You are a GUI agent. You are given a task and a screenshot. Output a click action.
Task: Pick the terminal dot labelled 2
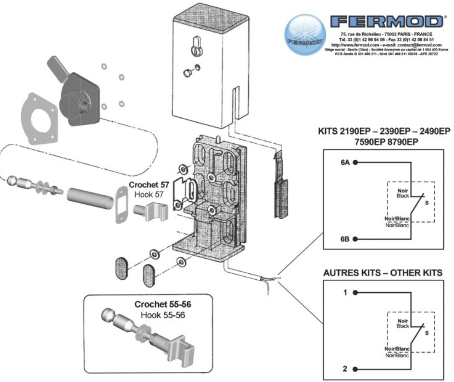coord(355,369)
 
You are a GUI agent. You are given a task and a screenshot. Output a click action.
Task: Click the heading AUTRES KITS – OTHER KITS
coord(383,273)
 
